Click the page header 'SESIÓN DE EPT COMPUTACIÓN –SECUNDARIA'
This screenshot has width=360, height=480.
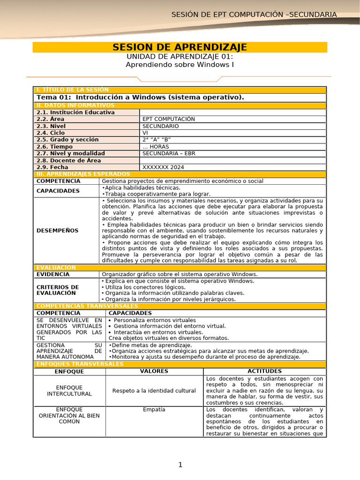tap(254, 15)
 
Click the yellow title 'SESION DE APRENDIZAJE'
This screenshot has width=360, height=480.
tap(180, 47)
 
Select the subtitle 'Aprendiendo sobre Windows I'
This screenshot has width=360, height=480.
tap(180, 64)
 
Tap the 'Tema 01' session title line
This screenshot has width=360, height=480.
tap(140, 97)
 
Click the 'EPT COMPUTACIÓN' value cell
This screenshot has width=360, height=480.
tap(169, 119)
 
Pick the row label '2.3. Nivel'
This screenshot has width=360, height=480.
tap(51, 126)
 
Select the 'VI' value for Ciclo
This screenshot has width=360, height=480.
tap(145, 133)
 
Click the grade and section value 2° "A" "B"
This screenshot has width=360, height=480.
tap(157, 140)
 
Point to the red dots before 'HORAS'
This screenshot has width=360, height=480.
tap(145, 147)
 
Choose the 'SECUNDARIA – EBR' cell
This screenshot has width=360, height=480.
tap(169, 153)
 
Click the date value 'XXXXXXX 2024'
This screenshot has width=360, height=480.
tap(163, 167)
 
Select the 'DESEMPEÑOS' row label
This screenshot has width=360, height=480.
tap(57, 231)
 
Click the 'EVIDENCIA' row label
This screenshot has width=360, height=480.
tap(53, 274)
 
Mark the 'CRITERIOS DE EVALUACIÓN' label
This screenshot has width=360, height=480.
tap(58, 290)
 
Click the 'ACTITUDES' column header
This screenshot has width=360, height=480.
tap(264, 371)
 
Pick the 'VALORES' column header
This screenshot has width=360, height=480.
tap(154, 371)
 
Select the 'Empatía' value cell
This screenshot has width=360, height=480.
tap(154, 409)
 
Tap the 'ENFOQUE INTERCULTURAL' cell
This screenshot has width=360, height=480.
tap(69, 390)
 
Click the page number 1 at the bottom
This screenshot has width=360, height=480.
tap(180, 465)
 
